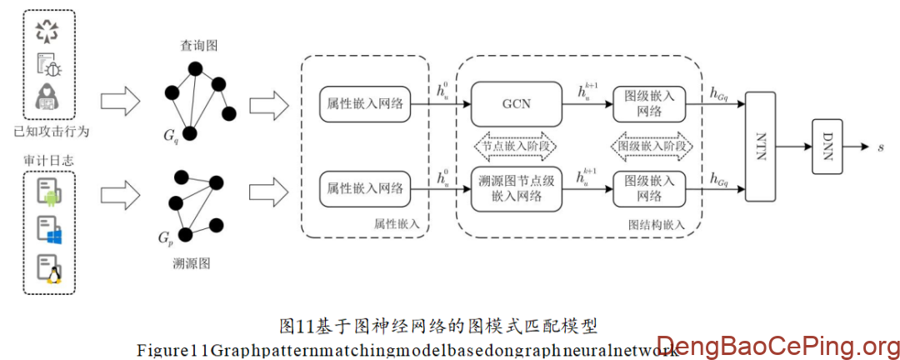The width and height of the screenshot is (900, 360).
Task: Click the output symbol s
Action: [882, 147]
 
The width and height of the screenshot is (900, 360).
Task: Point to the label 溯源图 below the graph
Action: [192, 263]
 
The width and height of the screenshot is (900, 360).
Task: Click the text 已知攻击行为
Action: [51, 131]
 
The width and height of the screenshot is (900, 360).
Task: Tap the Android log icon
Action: [50, 191]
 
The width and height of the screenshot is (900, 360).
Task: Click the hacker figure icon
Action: [48, 98]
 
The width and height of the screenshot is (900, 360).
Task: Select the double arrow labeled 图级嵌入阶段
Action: [653, 146]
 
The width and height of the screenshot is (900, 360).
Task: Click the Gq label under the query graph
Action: [171, 135]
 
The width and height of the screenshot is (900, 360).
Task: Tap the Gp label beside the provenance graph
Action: [166, 237]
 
